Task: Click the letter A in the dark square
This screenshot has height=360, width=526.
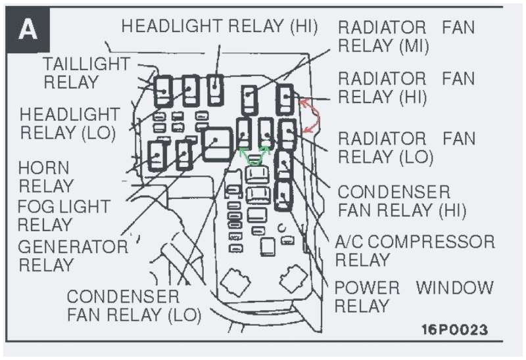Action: coord(28,30)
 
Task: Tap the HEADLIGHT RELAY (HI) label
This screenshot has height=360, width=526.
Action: coord(220,26)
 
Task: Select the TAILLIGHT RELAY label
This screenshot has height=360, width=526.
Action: coord(85,73)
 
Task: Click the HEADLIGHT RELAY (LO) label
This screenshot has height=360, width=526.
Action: coord(69,124)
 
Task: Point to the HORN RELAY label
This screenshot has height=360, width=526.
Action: coord(43,176)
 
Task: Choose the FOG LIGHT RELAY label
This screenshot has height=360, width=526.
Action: coord(63,215)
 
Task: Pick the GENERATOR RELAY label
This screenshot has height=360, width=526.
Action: coord(72,256)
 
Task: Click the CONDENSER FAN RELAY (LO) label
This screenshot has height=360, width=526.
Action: coord(133,305)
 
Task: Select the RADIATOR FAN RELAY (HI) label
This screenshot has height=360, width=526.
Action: coord(406,88)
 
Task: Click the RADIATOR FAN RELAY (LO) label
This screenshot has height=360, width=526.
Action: coord(406,147)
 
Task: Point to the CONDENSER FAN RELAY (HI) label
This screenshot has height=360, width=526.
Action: coord(401,201)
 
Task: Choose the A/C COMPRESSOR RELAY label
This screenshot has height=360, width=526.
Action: coord(414,250)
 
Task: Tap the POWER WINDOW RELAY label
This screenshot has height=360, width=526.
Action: coord(414,296)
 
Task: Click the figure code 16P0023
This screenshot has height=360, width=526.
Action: coord(455,329)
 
